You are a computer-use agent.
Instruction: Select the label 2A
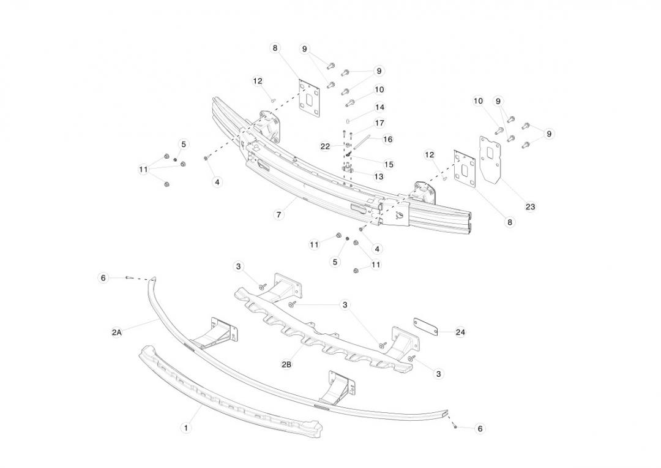pyautogui.click(x=117, y=332)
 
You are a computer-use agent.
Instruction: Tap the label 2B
pyautogui.click(x=286, y=364)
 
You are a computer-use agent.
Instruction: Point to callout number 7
pyautogui.click(x=278, y=215)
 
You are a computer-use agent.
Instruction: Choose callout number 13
pyautogui.click(x=379, y=176)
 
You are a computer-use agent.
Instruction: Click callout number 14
pyautogui.click(x=379, y=107)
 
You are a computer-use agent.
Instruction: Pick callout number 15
pyautogui.click(x=389, y=164)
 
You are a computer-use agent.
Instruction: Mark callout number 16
pyautogui.click(x=387, y=139)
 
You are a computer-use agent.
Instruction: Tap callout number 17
pyautogui.click(x=379, y=123)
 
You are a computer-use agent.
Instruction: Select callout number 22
pyautogui.click(x=325, y=146)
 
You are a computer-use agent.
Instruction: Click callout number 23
pyautogui.click(x=530, y=206)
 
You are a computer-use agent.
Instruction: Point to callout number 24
pyautogui.click(x=460, y=332)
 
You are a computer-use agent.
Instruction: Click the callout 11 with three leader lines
pyautogui.click(x=143, y=169)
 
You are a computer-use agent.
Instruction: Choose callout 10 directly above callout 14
pyautogui.click(x=379, y=89)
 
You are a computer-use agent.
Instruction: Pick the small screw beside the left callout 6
pyautogui.click(x=129, y=277)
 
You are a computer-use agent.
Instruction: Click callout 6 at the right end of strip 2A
pyautogui.click(x=480, y=429)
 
